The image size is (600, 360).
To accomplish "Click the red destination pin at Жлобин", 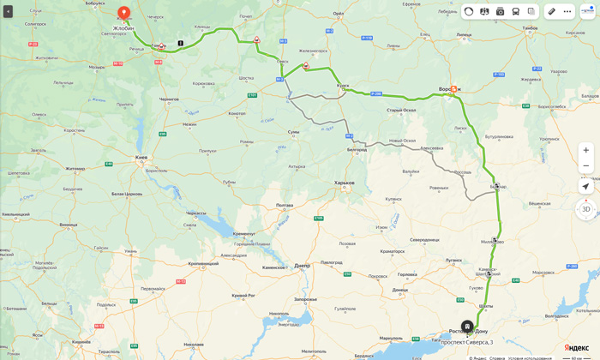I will pos(123,13).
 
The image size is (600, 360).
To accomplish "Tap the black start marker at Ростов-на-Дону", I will pos(467,326).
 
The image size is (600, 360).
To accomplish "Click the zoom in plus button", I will pos(585,150).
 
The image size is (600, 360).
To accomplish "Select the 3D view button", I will pos(585,209).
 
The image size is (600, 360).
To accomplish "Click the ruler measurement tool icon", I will pos(552,11).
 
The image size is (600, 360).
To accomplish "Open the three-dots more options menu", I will pos(567,11).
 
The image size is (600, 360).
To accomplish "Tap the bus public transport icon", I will pos(515,11).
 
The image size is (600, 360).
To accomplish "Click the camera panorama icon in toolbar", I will pos(500,11).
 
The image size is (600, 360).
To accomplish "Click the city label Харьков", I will pos(344,183).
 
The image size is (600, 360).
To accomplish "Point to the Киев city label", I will pos(141,157).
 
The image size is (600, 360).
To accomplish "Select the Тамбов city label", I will pos(530,27).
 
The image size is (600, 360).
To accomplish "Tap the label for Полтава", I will pos(285,205).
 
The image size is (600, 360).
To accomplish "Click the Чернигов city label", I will pos(170,99).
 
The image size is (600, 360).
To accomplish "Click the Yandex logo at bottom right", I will pos(576,347).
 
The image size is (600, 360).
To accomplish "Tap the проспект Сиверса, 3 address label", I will pos(466,342).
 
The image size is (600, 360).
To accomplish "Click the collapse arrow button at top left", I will pos(8,11).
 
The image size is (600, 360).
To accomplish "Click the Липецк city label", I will pos(464,34).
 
